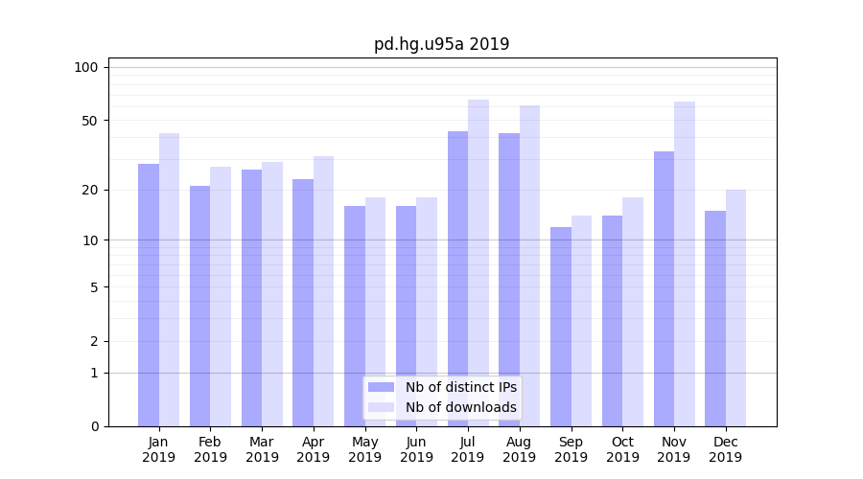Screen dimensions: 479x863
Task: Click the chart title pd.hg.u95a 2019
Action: click(441, 44)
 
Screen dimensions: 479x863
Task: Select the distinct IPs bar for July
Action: click(457, 279)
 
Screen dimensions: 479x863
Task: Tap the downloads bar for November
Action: click(685, 263)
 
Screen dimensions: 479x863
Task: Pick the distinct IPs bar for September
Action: click(561, 327)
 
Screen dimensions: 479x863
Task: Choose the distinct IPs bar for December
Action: click(715, 318)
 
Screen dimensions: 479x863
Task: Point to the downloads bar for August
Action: click(530, 265)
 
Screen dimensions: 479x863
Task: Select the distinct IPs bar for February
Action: click(199, 306)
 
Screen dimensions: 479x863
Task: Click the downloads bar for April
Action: click(324, 291)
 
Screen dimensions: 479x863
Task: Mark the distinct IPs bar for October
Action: click(613, 321)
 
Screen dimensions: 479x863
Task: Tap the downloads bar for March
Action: click(272, 294)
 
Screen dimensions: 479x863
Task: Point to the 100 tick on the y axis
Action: click(86, 67)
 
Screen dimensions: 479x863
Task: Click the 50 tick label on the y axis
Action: click(90, 121)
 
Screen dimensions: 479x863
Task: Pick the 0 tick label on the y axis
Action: click(94, 426)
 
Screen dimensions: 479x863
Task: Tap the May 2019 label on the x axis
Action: click(365, 449)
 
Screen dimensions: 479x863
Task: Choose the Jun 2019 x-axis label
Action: click(416, 449)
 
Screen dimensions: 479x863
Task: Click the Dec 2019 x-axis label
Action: click(726, 449)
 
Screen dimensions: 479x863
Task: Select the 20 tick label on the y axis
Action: click(90, 190)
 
